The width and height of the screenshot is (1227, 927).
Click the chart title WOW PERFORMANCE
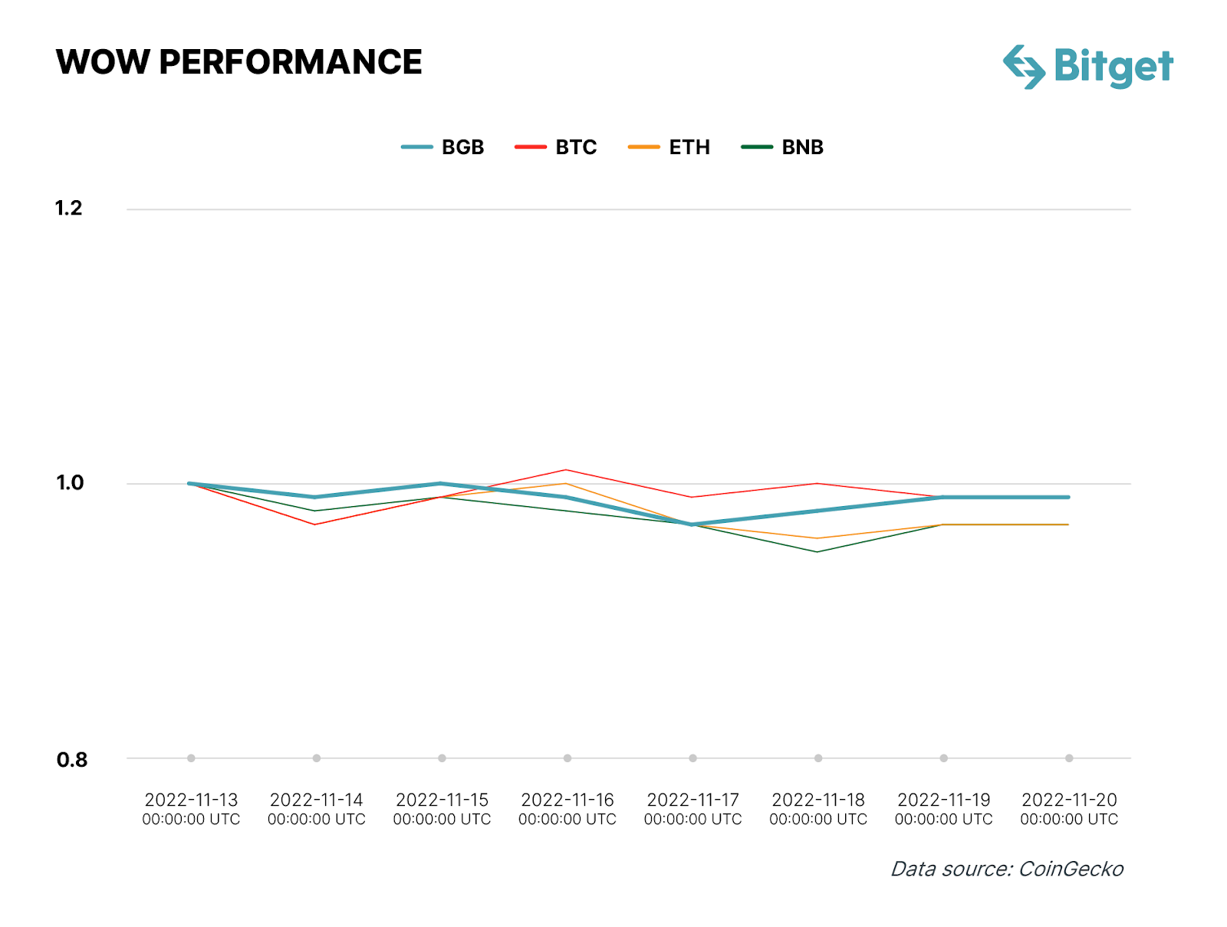point(238,62)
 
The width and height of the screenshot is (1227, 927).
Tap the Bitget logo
point(1087,67)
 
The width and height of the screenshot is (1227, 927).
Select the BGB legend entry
point(443,147)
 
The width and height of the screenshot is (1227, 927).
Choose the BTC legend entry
point(556,147)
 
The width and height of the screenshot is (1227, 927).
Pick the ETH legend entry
point(669,147)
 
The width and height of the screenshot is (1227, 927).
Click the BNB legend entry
point(782,147)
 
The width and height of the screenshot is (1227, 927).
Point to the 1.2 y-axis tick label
point(68,208)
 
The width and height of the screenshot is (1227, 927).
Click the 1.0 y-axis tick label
point(69,482)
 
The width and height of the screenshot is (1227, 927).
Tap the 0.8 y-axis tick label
point(71,760)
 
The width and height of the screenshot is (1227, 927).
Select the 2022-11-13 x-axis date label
point(191,809)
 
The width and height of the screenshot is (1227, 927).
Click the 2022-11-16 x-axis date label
point(567,809)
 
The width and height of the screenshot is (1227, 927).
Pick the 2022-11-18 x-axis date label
point(818,809)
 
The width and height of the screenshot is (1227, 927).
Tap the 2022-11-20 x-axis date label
point(1069,809)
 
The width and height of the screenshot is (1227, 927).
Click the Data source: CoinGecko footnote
point(1006,869)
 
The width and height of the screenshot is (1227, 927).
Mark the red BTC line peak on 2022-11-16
point(567,469)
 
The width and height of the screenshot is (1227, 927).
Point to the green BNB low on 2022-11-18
point(817,552)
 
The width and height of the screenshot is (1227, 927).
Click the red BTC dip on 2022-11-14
point(315,524)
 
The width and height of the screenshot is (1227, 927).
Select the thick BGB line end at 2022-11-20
point(1068,497)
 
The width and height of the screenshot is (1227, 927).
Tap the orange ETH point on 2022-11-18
point(817,538)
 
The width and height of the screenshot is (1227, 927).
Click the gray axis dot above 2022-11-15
point(442,758)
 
